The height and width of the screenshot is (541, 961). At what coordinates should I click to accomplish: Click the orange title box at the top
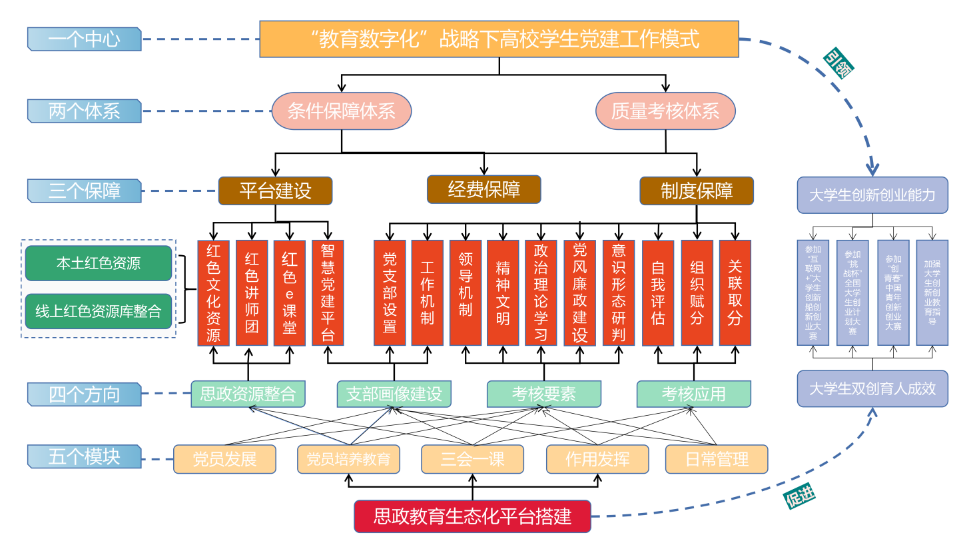point(499,39)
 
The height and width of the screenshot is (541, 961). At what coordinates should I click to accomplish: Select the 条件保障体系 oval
point(341,111)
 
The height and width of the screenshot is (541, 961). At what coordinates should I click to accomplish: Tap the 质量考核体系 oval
point(665,111)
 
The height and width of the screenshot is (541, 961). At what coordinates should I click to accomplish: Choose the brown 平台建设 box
point(275,191)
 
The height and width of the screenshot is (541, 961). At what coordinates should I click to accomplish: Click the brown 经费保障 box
point(483,190)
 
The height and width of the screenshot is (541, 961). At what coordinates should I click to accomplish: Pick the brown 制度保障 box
point(696,191)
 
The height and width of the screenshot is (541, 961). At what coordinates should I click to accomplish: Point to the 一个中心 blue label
point(85,39)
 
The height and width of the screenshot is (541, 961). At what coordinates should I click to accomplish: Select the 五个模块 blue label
point(85,457)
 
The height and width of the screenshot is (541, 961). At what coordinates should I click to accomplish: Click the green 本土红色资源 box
point(99,263)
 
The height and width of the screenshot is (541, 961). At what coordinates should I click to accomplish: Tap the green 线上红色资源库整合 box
point(99,311)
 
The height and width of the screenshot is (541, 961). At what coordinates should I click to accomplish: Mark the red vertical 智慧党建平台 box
point(328,292)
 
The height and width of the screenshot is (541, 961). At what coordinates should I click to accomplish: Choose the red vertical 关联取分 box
point(735,292)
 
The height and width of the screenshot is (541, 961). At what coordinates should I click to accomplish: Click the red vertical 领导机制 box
point(465,292)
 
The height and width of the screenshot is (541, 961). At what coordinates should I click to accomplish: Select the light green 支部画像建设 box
point(394,394)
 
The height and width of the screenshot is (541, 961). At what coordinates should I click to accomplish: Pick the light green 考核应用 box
point(693,394)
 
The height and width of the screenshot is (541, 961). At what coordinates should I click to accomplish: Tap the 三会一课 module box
point(472,459)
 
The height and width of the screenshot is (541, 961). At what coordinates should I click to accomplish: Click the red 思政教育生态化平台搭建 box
point(472,516)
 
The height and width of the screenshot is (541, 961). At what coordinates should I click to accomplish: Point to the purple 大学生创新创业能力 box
point(872,195)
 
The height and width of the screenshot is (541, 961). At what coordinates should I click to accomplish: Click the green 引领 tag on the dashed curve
point(838,65)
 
